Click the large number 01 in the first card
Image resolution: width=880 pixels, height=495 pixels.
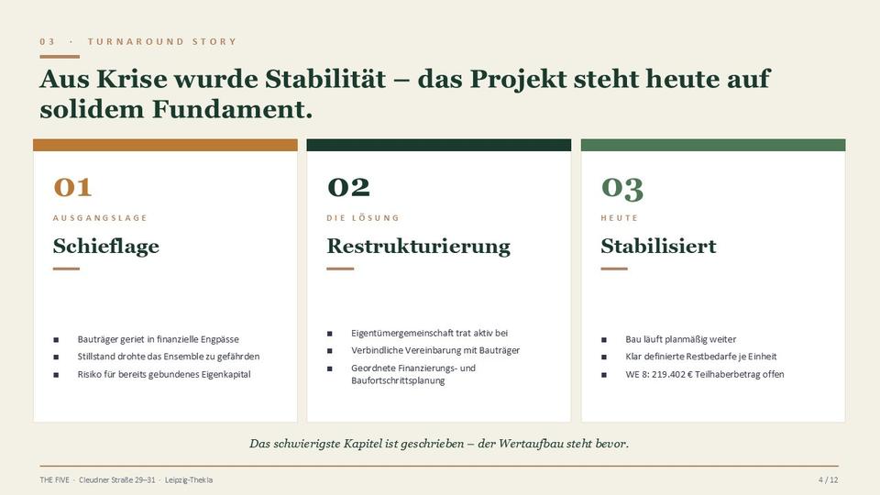click(x=72, y=187)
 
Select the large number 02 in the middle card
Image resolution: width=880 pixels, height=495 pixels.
click(x=348, y=187)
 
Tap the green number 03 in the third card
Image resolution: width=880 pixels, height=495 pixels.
click(x=621, y=188)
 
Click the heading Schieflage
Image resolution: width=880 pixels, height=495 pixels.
click(x=106, y=246)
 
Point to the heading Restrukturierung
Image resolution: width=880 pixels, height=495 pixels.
click(x=419, y=246)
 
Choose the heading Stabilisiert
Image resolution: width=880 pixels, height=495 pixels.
click(x=658, y=246)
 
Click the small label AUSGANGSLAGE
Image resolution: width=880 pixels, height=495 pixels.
click(x=100, y=218)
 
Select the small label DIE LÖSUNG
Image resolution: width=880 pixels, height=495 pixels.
click(x=363, y=218)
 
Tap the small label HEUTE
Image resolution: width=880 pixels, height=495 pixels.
click(x=619, y=218)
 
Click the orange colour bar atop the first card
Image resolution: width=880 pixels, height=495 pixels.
click(x=165, y=145)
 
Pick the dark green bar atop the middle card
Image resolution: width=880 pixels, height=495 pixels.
click(x=439, y=145)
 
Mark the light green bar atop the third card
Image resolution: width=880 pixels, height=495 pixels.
click(x=713, y=145)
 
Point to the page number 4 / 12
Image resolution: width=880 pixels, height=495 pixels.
click(x=829, y=479)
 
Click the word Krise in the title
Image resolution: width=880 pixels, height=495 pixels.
click(x=132, y=79)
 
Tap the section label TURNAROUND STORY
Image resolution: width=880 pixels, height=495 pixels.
click(x=162, y=41)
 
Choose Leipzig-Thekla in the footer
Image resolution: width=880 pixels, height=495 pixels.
click(x=189, y=479)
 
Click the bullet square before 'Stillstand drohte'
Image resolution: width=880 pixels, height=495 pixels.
click(x=56, y=357)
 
